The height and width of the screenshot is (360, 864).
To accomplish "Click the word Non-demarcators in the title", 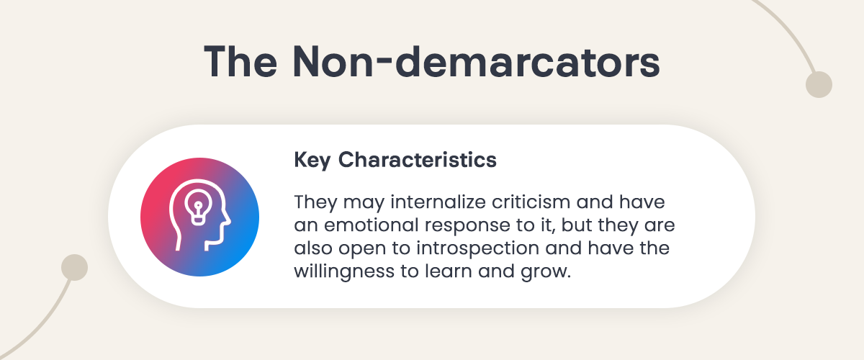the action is pos(477,62).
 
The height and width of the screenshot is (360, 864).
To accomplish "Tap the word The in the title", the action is pos(240,62).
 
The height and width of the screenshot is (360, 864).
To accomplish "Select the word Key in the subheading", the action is pos(312,160).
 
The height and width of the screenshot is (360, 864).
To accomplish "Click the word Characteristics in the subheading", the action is pos(418,159).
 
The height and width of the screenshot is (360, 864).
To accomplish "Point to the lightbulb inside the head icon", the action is pos(198,207).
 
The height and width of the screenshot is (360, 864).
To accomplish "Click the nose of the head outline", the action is pos(228,220).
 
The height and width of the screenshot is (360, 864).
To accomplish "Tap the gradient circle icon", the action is pos(200,217).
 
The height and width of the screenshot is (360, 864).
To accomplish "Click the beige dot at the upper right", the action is pos(819,84).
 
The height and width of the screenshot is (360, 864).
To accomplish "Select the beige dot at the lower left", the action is pos(74,267).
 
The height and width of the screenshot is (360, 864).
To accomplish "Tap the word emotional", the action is pos(371,225).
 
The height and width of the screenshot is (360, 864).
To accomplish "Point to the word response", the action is pos(467,227).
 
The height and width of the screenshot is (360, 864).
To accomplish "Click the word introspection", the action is pos(477,248).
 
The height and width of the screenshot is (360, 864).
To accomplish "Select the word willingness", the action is pos(344,271).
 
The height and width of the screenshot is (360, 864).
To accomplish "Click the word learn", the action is pos(448,271).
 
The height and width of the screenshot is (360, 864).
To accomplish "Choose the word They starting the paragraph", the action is pos(315,202).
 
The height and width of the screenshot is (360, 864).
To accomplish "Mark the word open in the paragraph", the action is pos(362,250).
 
